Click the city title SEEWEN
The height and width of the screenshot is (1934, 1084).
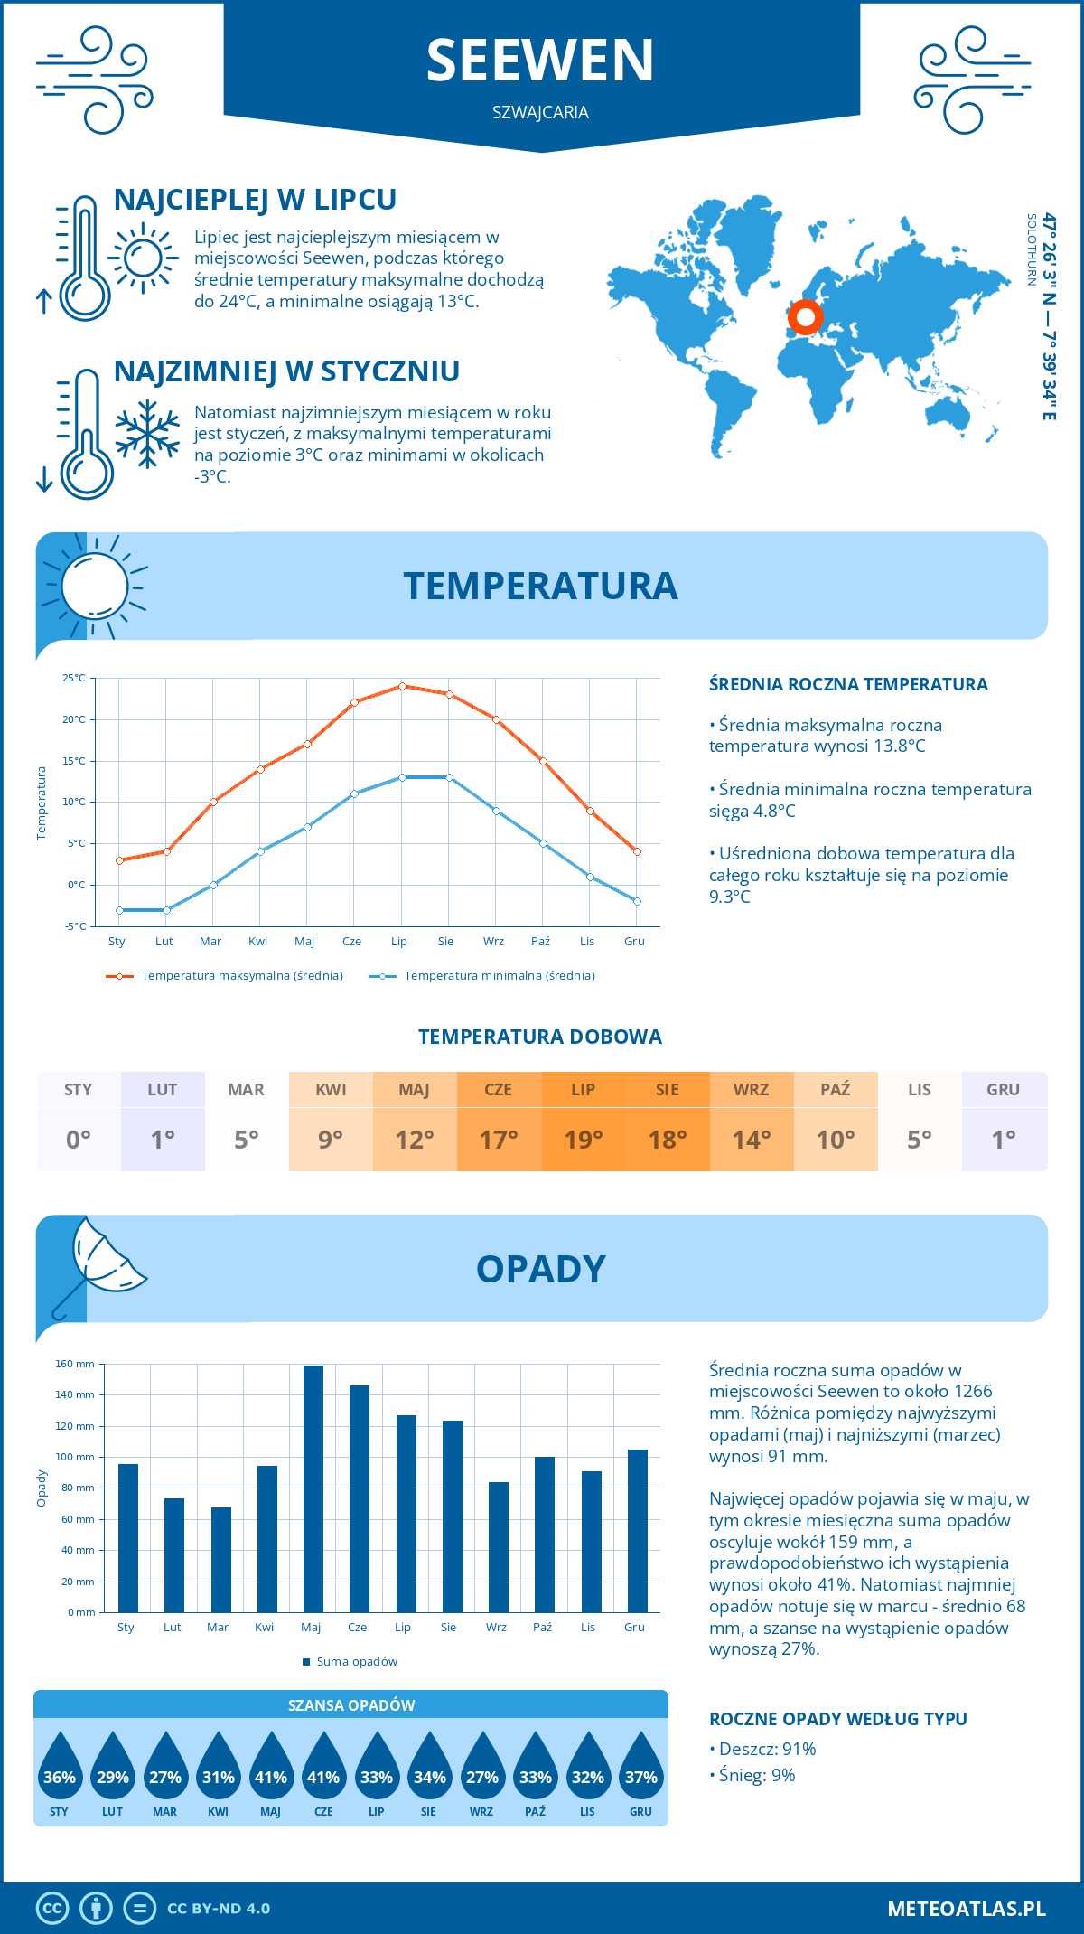pyautogui.click(x=540, y=61)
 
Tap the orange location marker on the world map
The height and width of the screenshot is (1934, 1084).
pyautogui.click(x=805, y=317)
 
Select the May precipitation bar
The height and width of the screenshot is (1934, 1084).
pyautogui.click(x=313, y=1488)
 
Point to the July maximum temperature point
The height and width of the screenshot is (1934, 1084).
pyautogui.click(x=402, y=686)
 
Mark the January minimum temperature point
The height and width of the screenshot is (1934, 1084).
pyautogui.click(x=119, y=910)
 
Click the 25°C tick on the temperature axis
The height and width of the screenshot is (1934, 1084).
pyautogui.click(x=74, y=678)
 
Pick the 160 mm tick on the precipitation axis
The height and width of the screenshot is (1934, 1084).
pyautogui.click(x=76, y=1364)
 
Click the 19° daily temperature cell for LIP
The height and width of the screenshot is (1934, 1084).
pyautogui.click(x=583, y=1140)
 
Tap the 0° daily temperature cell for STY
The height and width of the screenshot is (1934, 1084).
pyautogui.click(x=79, y=1140)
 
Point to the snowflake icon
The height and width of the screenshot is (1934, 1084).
pyautogui.click(x=147, y=433)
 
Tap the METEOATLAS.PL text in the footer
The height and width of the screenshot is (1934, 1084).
pyautogui.click(x=967, y=1909)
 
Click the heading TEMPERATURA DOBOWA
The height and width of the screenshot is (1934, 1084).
pyautogui.click(x=540, y=1037)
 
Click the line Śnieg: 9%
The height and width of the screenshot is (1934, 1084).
pyautogui.click(x=752, y=1775)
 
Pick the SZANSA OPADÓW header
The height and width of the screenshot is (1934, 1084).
pyautogui.click(x=351, y=1705)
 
